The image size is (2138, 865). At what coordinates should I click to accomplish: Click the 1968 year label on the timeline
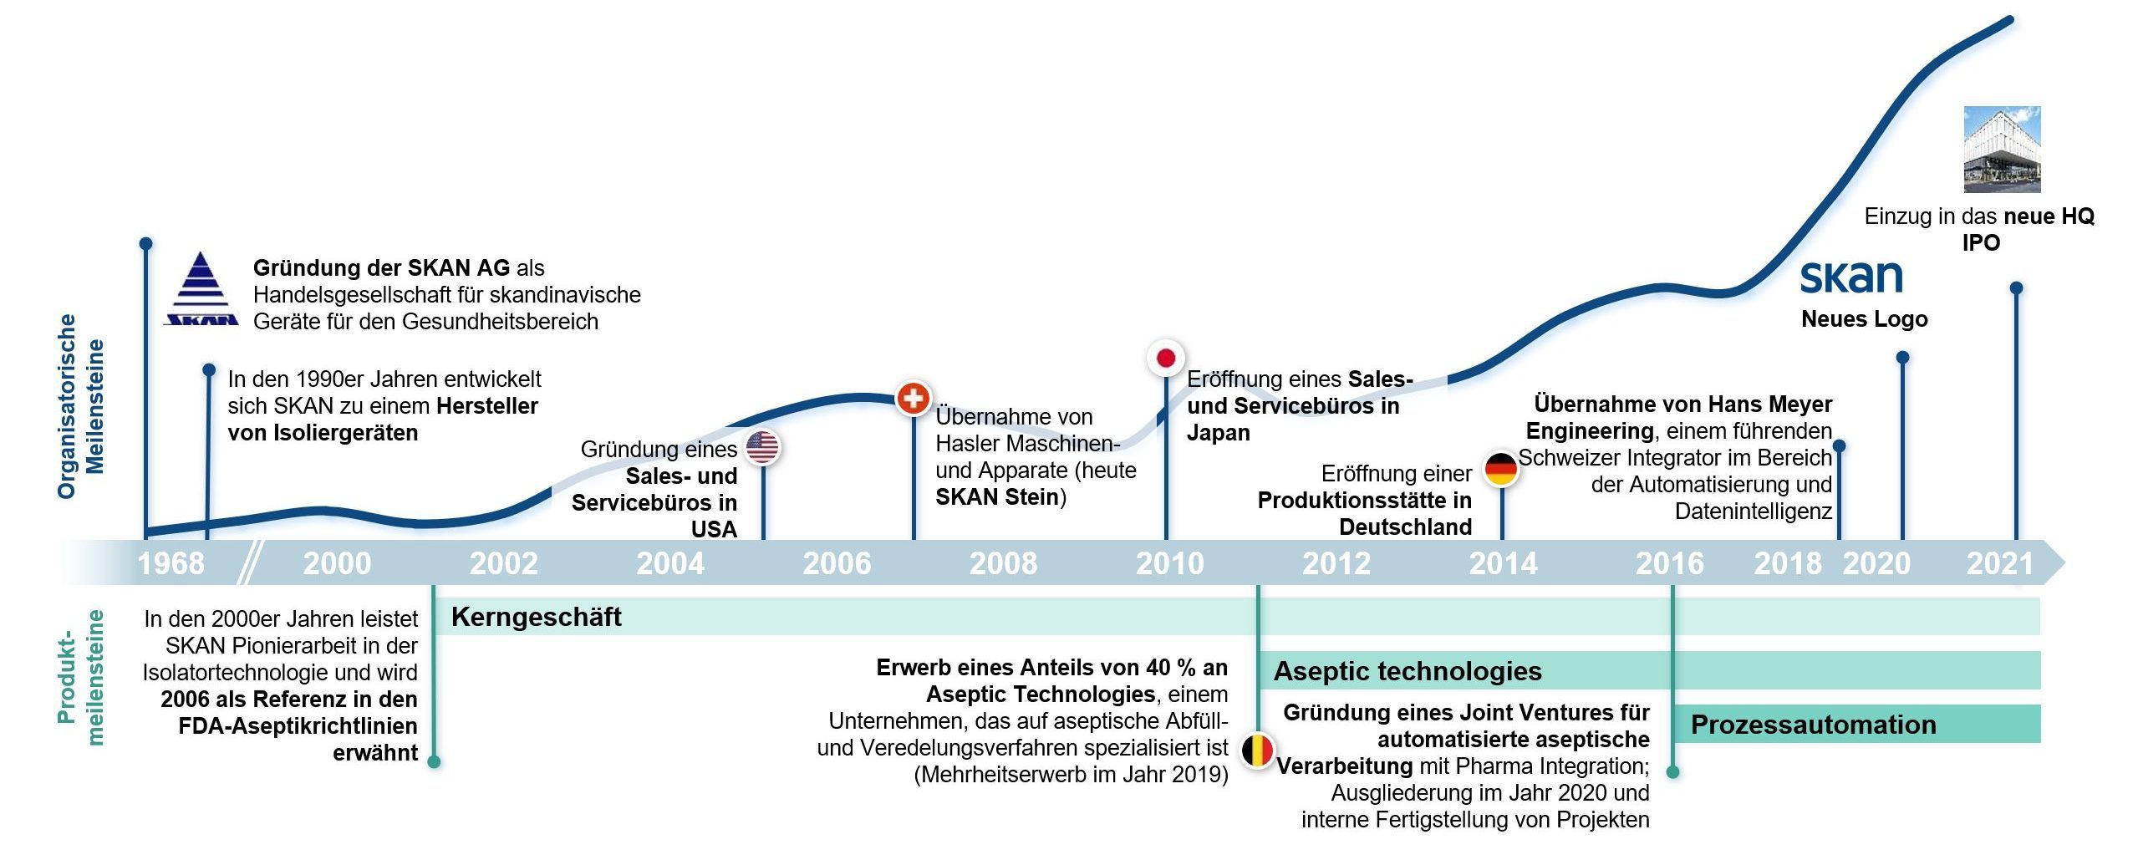click(x=171, y=563)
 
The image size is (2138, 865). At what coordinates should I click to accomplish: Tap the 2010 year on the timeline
click(x=1169, y=563)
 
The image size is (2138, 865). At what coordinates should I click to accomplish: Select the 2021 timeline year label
click(x=1999, y=563)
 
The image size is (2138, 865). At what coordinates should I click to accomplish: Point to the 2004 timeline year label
click(x=670, y=563)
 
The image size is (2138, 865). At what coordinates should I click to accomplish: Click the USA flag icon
click(x=762, y=447)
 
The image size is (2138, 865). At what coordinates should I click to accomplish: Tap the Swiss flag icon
click(x=914, y=398)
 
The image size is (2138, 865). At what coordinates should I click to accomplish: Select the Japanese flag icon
click(x=1165, y=359)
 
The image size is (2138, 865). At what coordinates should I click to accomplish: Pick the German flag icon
click(x=1501, y=469)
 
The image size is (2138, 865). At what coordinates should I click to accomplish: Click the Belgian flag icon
click(x=1257, y=751)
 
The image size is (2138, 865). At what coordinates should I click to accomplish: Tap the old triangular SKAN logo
click(x=201, y=288)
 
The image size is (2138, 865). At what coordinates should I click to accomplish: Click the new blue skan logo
click(x=1851, y=277)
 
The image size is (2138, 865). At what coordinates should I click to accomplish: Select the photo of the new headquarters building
click(x=2002, y=150)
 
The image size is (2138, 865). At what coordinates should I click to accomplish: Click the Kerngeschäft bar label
click(x=537, y=617)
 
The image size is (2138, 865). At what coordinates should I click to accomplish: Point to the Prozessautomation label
click(x=1814, y=725)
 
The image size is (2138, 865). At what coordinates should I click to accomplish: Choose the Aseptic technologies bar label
click(x=1408, y=671)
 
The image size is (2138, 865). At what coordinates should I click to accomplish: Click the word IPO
click(x=1981, y=243)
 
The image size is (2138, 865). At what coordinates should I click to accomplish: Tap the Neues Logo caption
click(x=1865, y=319)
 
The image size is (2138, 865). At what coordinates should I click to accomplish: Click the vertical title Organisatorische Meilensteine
click(x=80, y=407)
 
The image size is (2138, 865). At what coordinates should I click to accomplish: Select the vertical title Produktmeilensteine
click(x=80, y=678)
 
